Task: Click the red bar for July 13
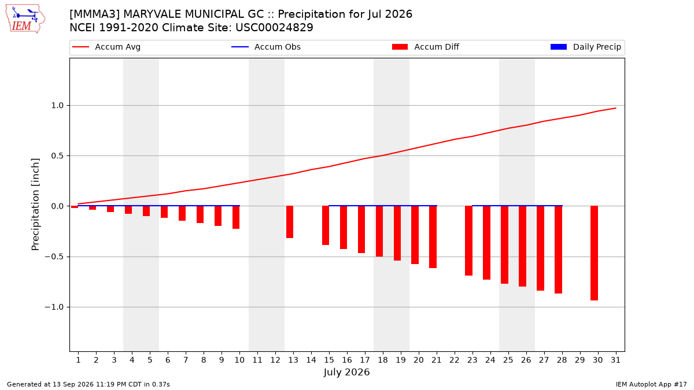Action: point(290,222)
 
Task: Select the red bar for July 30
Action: point(594,253)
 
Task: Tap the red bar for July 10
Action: point(236,217)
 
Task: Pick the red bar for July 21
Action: point(433,237)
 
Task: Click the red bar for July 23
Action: point(469,240)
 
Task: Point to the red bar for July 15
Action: point(326,225)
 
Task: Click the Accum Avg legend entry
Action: point(106,47)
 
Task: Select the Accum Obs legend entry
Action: point(266,47)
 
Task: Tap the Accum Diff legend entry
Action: point(426,47)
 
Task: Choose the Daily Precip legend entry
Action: point(585,47)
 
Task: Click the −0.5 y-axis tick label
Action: point(54,257)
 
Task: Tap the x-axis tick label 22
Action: point(454,360)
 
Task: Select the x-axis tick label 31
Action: point(615,360)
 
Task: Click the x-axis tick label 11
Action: point(257,360)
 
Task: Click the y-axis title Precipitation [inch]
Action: point(35,205)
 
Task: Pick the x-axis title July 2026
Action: point(346,372)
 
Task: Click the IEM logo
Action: point(25,19)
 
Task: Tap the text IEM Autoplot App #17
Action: point(651,384)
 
